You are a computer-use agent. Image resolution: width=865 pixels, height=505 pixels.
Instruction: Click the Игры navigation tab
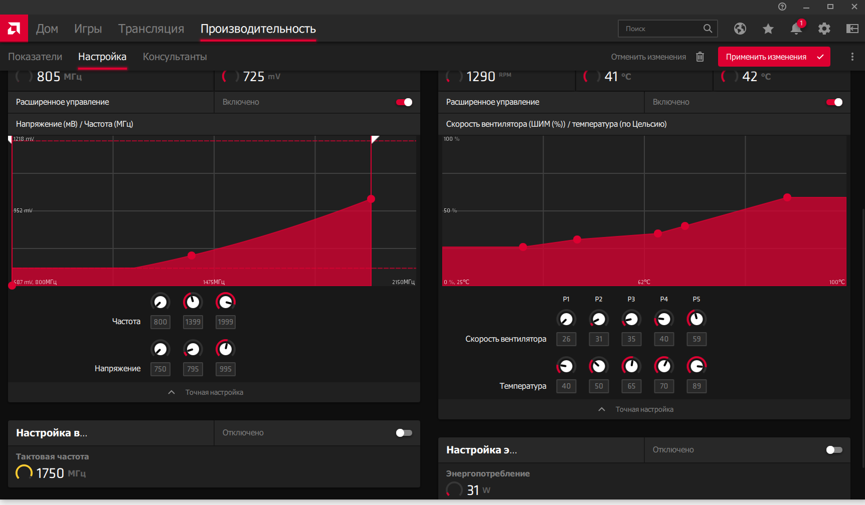[88, 29]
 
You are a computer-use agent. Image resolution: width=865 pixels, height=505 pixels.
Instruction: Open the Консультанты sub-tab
[175, 57]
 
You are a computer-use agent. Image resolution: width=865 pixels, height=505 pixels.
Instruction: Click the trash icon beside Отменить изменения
[700, 57]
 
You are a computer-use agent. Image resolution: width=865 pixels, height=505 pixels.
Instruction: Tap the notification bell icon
[796, 29]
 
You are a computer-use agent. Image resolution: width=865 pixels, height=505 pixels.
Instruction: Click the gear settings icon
[824, 29]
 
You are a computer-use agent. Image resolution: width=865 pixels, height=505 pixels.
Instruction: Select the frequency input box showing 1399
[193, 322]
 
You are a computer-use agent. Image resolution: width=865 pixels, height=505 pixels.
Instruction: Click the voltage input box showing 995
[226, 369]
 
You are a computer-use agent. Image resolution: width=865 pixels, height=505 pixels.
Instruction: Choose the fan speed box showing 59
[697, 339]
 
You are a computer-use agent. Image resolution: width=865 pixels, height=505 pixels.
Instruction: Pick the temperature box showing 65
[631, 386]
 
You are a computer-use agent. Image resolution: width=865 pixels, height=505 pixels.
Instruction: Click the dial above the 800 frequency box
[160, 302]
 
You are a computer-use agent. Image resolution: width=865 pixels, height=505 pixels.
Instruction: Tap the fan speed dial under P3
[631, 319]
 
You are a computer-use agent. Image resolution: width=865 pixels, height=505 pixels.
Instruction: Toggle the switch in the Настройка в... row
[404, 433]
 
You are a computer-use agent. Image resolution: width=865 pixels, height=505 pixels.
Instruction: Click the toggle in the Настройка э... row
[834, 450]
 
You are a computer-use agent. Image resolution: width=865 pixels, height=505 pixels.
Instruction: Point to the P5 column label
[697, 299]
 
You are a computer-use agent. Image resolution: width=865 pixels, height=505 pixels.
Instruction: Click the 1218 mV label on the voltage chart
[24, 139]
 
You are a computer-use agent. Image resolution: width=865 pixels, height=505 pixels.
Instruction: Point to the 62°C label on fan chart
[644, 282]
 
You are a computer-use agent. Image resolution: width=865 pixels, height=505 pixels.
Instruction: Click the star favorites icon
[768, 29]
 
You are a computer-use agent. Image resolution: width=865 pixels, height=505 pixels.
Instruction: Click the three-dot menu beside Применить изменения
[852, 57]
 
